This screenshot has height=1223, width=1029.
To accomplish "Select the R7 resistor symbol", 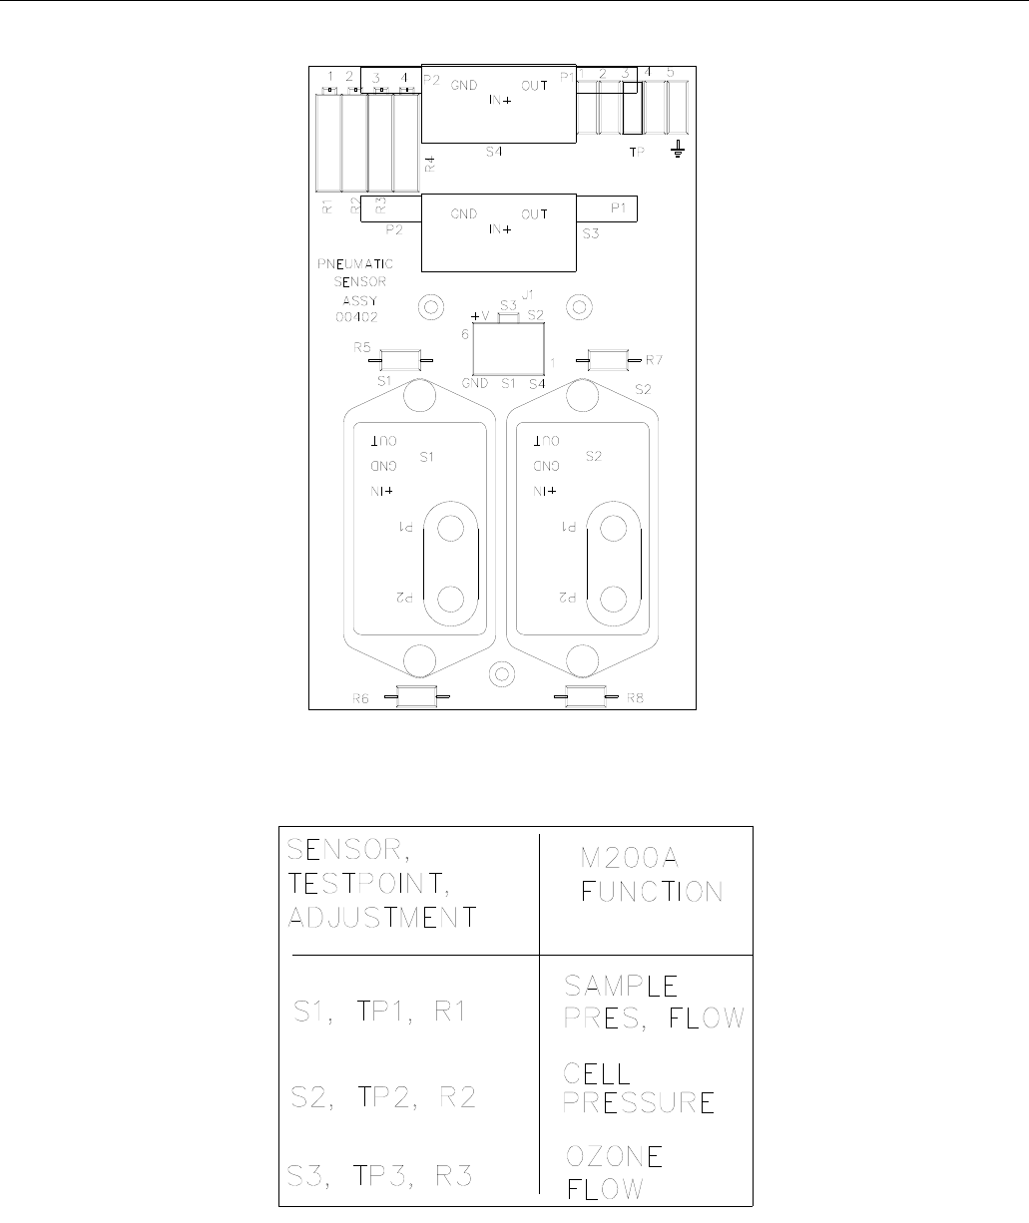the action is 607,358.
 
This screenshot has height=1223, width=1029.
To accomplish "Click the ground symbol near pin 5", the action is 679,150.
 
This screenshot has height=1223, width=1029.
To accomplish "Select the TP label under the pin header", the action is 637,153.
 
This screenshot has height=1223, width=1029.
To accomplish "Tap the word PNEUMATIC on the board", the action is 355,264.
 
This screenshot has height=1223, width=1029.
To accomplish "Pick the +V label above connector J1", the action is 480,315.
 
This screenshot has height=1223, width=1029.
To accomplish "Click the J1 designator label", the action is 529,295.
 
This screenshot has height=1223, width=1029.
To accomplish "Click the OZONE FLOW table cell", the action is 616,1172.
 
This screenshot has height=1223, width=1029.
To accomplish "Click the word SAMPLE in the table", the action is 622,987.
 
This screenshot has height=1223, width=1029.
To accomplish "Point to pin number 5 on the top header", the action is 671,73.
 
